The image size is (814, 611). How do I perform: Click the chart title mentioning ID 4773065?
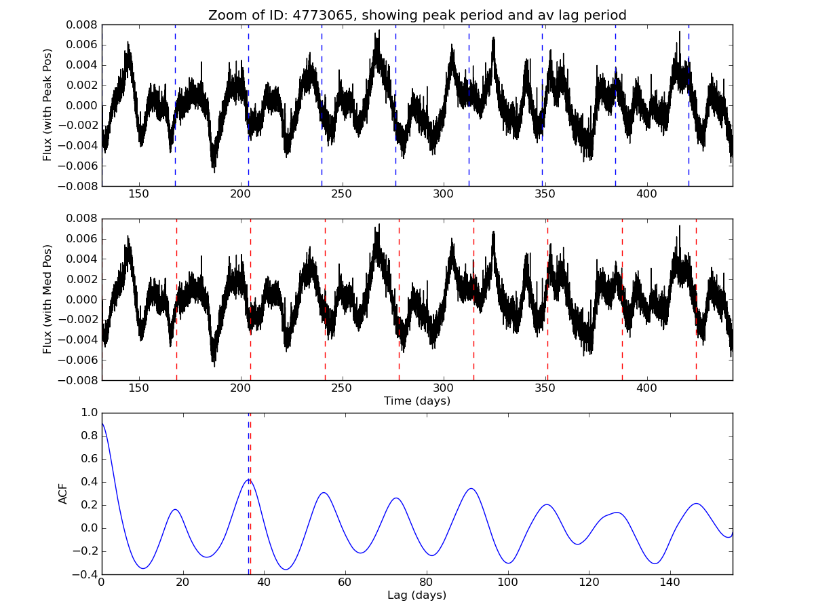[x=417, y=15]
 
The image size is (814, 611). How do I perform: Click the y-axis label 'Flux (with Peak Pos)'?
[x=47, y=105]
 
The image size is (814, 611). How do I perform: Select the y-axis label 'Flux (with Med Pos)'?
[x=47, y=299]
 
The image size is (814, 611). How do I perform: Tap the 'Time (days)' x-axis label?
[x=417, y=401]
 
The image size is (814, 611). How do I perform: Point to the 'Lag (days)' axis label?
[x=417, y=595]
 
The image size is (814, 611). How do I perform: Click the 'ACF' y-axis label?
[x=64, y=494]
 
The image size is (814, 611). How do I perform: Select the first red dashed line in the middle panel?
[x=176, y=299]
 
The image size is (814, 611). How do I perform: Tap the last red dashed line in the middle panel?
[x=696, y=299]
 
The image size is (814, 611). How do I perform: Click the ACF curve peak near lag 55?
[x=324, y=493]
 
